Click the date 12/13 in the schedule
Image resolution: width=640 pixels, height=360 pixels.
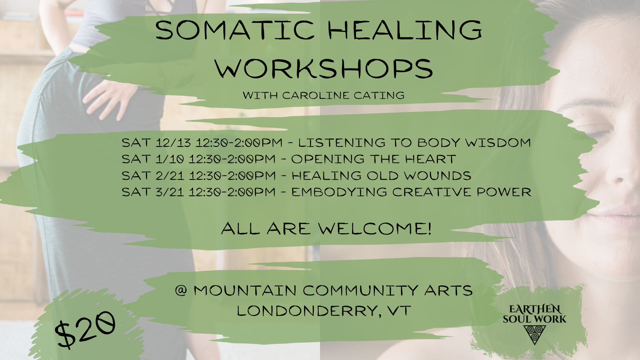(x=173, y=143)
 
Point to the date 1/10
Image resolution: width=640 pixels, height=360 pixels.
(x=170, y=159)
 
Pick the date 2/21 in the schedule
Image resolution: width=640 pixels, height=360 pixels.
(x=170, y=175)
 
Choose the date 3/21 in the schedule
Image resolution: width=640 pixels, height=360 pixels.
(x=170, y=192)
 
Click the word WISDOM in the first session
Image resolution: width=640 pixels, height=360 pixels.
(x=498, y=143)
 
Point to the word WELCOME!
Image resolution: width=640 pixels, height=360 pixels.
(x=374, y=229)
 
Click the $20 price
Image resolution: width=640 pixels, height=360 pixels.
(x=85, y=329)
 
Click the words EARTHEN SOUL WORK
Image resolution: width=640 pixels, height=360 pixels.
(x=534, y=314)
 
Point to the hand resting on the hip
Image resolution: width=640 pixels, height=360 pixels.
(x=110, y=97)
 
